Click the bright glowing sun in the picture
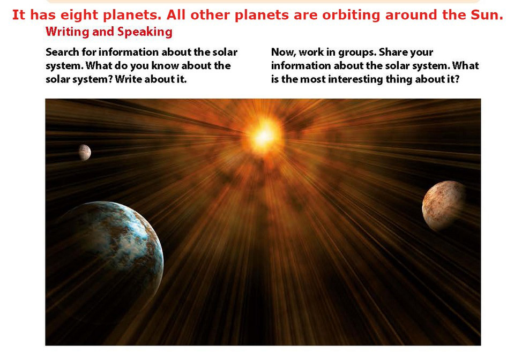pos(265,136)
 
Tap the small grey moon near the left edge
pos(85,152)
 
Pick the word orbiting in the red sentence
pos(351,15)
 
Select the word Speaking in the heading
pos(145,32)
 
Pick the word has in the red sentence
pos(42,15)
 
